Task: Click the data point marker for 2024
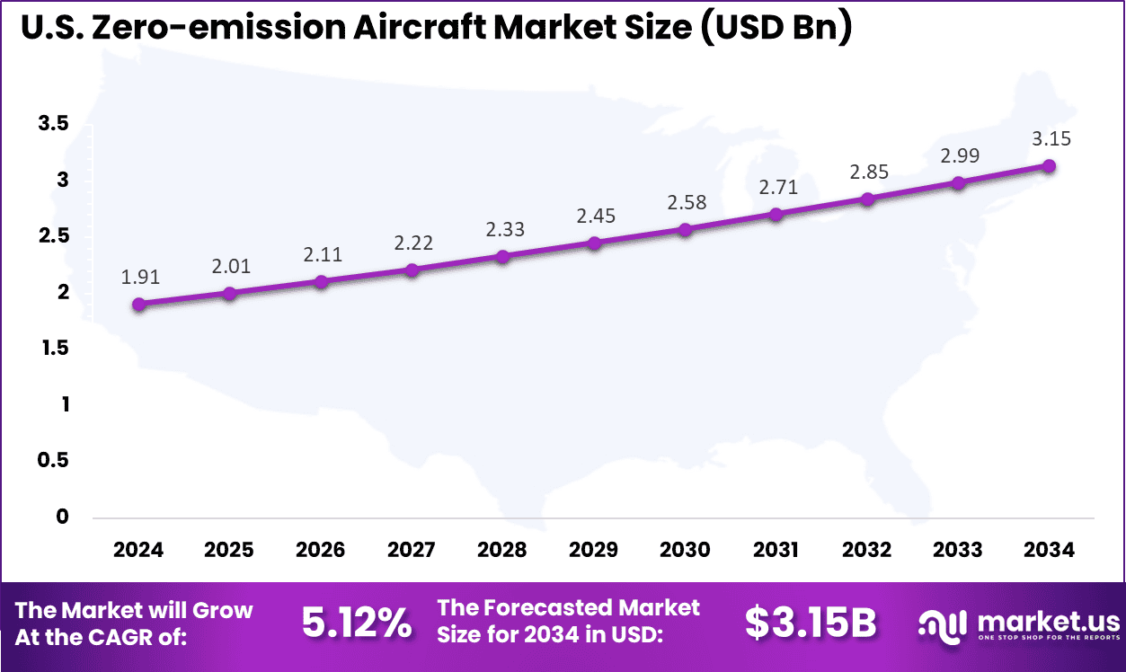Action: click(138, 305)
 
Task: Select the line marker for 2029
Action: click(594, 243)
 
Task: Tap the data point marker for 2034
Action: click(1049, 165)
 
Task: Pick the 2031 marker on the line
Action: click(776, 215)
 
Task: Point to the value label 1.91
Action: click(138, 279)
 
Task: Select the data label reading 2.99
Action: click(958, 156)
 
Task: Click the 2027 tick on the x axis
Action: click(412, 550)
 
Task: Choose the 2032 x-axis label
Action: click(867, 550)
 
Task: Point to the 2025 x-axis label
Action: click(229, 550)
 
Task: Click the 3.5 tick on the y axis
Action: click(53, 124)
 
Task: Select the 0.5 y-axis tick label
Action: click(53, 460)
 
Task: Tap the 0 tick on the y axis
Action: click(61, 517)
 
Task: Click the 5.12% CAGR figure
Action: click(357, 623)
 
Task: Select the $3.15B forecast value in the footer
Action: click(810, 623)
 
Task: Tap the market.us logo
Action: click(1019, 623)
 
